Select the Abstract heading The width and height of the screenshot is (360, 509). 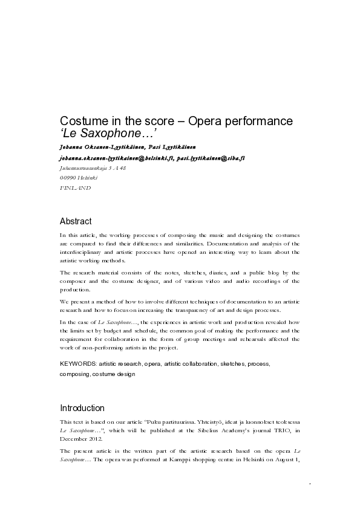point(76,221)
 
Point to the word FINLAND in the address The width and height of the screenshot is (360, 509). point(76,189)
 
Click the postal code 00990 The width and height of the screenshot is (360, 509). point(69,178)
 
